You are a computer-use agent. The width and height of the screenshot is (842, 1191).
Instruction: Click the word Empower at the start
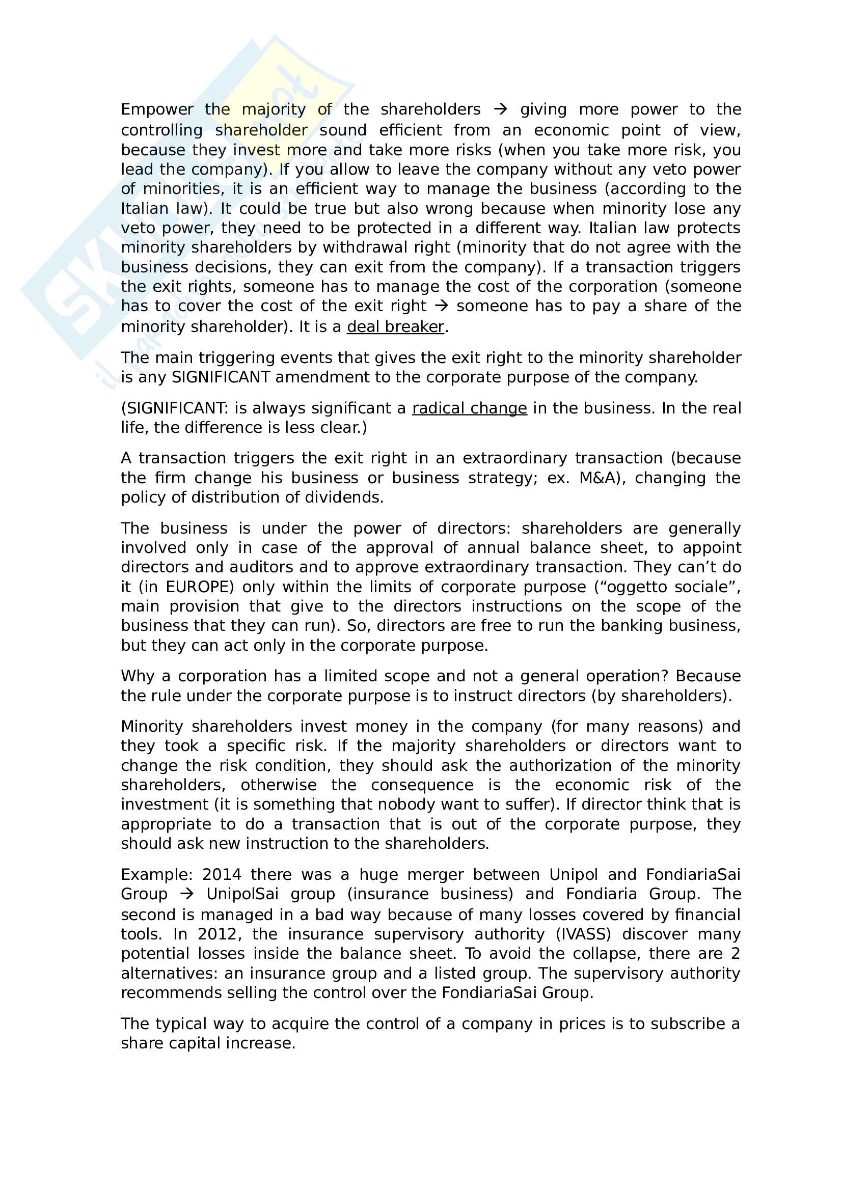tap(157, 109)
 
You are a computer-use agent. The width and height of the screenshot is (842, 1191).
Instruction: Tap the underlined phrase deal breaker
tap(395, 327)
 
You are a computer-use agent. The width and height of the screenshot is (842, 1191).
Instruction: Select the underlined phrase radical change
tap(470, 408)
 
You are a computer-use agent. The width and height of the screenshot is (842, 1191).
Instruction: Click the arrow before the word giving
tap(500, 109)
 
